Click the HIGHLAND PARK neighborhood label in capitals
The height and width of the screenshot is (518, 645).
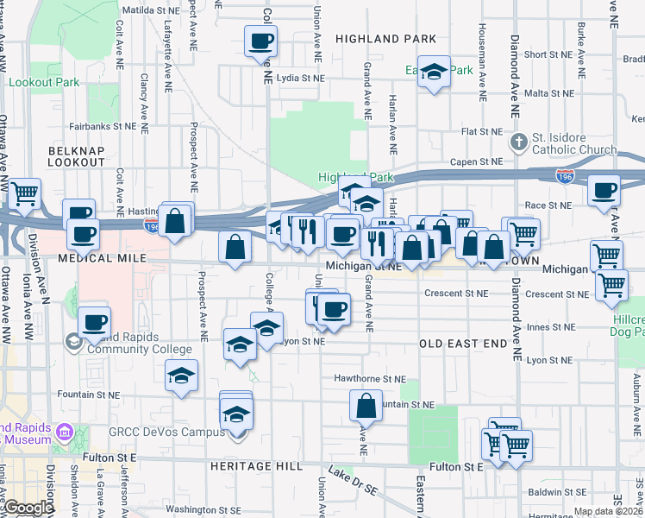385,39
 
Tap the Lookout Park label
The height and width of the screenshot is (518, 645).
44,83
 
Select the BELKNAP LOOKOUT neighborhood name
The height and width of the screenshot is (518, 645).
77,155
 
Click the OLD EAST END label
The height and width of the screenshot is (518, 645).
463,344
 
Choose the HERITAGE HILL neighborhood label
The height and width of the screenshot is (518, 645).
256,465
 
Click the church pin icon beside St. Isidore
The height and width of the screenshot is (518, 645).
518,141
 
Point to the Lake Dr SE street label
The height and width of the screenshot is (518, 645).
354,481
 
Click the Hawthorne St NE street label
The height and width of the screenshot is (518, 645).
371,378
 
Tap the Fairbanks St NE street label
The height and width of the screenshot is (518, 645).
103,125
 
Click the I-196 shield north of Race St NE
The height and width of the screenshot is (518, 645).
565,176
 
